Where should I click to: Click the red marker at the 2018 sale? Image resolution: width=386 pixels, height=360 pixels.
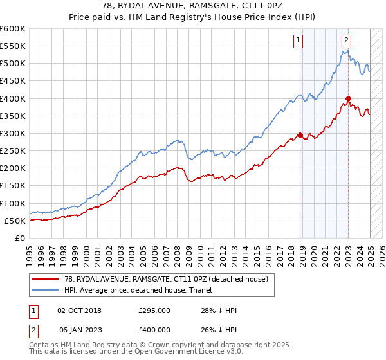click(300, 135)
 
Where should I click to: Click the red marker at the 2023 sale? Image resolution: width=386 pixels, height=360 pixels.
click(348, 99)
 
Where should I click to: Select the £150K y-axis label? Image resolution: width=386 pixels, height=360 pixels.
click(13, 186)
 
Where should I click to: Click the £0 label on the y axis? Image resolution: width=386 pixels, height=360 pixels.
click(20, 239)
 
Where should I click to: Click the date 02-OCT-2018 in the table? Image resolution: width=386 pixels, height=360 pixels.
click(79, 310)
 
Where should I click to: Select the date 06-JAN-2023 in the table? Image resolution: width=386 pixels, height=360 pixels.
click(79, 331)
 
